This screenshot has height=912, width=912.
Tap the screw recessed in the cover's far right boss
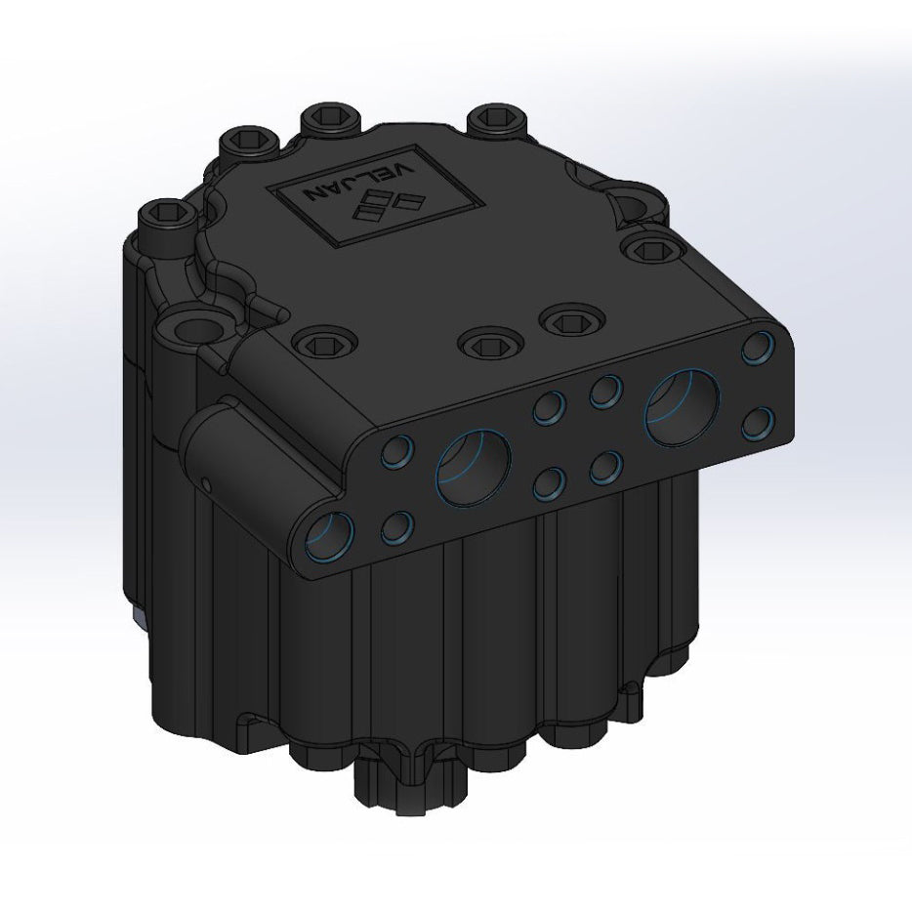tap(647, 250)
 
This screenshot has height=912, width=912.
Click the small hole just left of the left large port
tap(398, 452)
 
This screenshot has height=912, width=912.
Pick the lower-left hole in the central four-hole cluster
tap(552, 482)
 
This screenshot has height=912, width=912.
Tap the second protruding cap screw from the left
tap(240, 142)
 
